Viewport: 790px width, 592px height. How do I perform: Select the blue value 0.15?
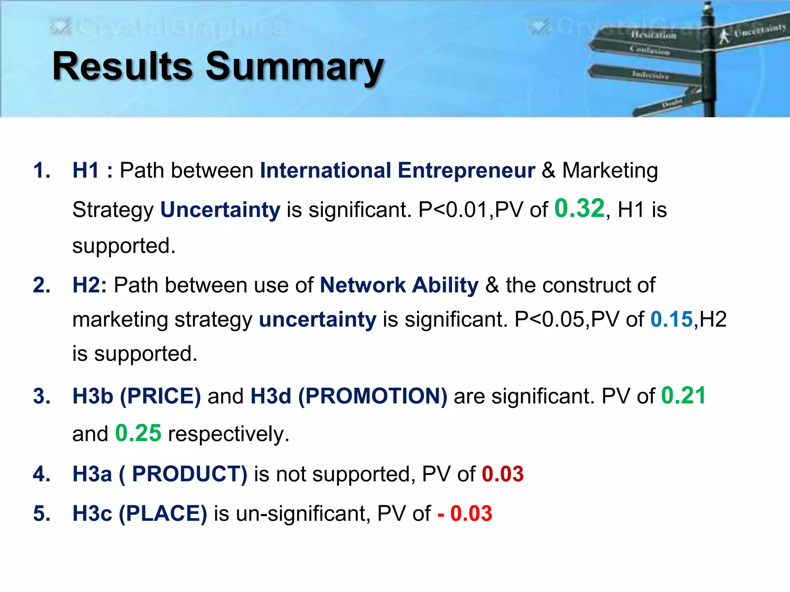pyautogui.click(x=672, y=320)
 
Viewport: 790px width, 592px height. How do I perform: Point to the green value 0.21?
pyautogui.click(x=683, y=395)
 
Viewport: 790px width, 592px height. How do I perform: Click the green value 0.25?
pyautogui.click(x=138, y=433)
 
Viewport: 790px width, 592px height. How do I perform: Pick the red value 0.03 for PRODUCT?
pyautogui.click(x=503, y=474)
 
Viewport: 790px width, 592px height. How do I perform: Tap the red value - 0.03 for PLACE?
pyautogui.click(x=465, y=513)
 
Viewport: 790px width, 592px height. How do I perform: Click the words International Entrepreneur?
pyautogui.click(x=397, y=170)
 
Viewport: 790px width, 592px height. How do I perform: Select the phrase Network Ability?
pyautogui.click(x=399, y=285)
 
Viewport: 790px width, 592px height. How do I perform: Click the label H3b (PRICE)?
pyautogui.click(x=137, y=396)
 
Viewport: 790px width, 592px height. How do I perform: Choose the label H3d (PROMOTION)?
pyautogui.click(x=349, y=396)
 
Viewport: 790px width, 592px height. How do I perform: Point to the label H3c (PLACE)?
pyautogui.click(x=140, y=513)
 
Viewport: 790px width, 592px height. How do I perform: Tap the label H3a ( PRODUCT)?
pyautogui.click(x=160, y=474)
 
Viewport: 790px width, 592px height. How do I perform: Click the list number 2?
pyautogui.click(x=42, y=285)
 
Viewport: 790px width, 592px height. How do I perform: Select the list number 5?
pyautogui.click(x=42, y=513)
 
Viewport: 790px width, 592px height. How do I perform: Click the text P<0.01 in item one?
pyautogui.click(x=453, y=210)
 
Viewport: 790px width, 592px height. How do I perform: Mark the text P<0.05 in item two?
pyautogui.click(x=549, y=320)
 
